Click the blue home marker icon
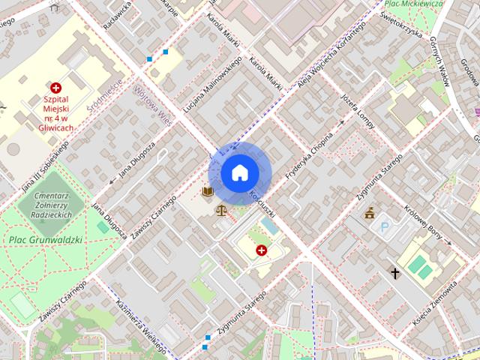click(x=239, y=172)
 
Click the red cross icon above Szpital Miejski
click(x=56, y=88)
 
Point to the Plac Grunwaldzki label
click(x=46, y=240)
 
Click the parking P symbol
click(x=385, y=226)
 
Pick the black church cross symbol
click(x=395, y=274)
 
